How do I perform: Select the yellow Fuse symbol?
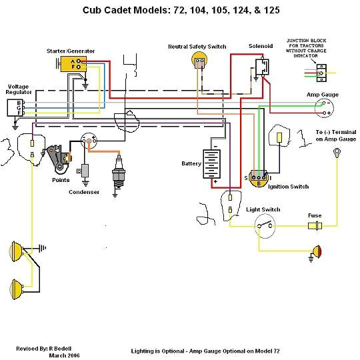315,227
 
